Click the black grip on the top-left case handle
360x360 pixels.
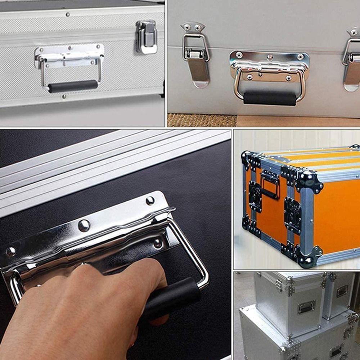73,86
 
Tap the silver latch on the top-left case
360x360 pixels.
147,36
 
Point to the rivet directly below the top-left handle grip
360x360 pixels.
64,96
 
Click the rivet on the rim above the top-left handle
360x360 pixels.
67,14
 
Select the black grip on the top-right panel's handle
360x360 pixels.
270,98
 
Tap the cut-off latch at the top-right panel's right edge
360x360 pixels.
351,59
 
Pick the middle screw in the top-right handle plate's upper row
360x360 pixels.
270,57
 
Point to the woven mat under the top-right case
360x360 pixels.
202,120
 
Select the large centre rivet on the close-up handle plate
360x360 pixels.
84,226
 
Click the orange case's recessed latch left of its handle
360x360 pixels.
256,196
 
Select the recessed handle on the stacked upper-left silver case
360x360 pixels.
306,307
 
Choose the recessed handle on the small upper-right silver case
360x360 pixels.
342,291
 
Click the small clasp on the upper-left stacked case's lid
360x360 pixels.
279,284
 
